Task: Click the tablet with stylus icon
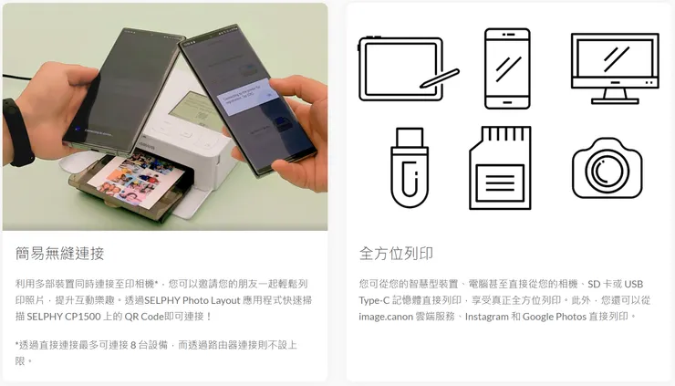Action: pyautogui.click(x=408, y=69)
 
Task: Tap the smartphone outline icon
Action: pyautogui.click(x=507, y=69)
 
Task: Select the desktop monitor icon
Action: pyautogui.click(x=615, y=68)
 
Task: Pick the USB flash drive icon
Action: pyautogui.click(x=410, y=168)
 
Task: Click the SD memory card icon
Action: pyautogui.click(x=500, y=168)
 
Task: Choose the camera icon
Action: pyautogui.click(x=607, y=169)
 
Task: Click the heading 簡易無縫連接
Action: pyautogui.click(x=60, y=254)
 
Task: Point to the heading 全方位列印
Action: pyautogui.click(x=396, y=254)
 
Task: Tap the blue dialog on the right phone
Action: pyautogui.click(x=247, y=98)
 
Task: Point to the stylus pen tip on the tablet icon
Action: pyautogui.click(x=422, y=85)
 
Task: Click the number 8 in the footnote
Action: pyautogui.click(x=133, y=345)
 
